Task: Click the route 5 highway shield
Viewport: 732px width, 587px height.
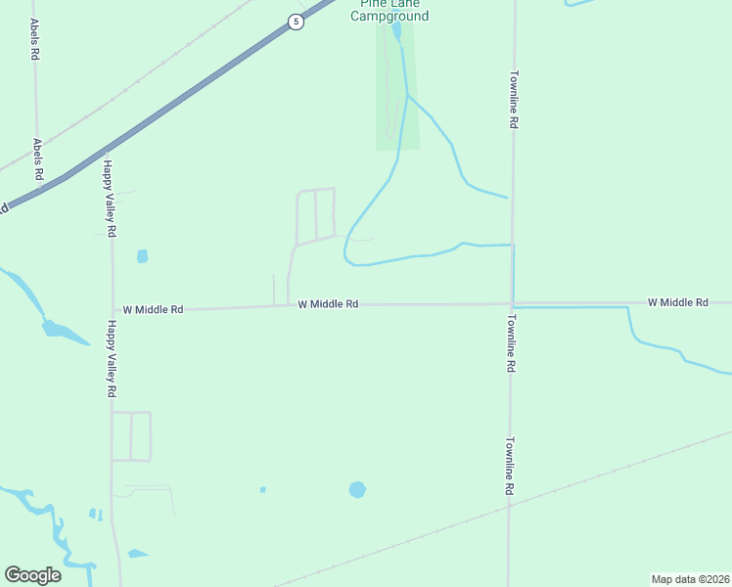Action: point(295,22)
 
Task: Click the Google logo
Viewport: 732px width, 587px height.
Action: point(32,575)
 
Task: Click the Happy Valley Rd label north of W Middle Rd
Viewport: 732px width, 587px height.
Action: point(111,200)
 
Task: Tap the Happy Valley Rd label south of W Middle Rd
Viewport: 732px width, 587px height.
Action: point(112,358)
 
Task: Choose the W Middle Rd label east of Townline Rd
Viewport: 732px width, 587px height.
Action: point(677,303)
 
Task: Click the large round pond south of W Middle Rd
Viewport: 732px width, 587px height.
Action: point(357,489)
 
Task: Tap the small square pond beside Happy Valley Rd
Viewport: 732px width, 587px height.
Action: point(143,256)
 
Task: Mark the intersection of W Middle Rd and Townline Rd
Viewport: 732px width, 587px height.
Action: point(511,304)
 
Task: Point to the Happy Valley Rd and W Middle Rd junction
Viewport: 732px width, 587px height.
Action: point(112,311)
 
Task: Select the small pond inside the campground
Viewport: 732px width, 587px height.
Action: point(396,31)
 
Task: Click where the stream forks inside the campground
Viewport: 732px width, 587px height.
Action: point(407,95)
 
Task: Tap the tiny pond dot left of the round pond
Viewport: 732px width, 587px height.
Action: point(262,489)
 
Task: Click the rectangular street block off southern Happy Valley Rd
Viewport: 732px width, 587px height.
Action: point(131,436)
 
